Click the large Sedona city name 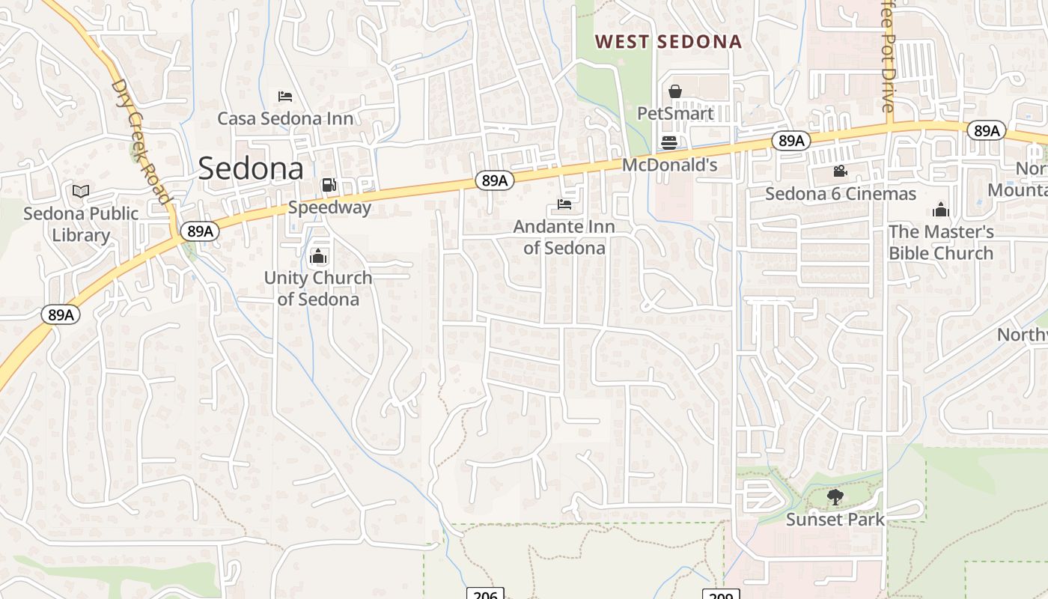[251, 168]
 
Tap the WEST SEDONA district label [668, 42]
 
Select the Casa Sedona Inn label [285, 118]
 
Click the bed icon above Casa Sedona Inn [285, 97]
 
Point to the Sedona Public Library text [81, 224]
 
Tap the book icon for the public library [81, 192]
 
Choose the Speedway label [329, 207]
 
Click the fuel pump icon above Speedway [329, 185]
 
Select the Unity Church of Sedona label [318, 288]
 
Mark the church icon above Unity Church [318, 257]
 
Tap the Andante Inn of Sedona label [564, 237]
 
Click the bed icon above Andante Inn [564, 204]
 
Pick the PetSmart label [675, 114]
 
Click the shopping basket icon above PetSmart [675, 91]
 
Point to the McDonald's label [670, 165]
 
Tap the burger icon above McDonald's [669, 143]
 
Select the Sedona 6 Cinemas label [841, 194]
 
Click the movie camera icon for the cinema [841, 171]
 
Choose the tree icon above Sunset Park [835, 497]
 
